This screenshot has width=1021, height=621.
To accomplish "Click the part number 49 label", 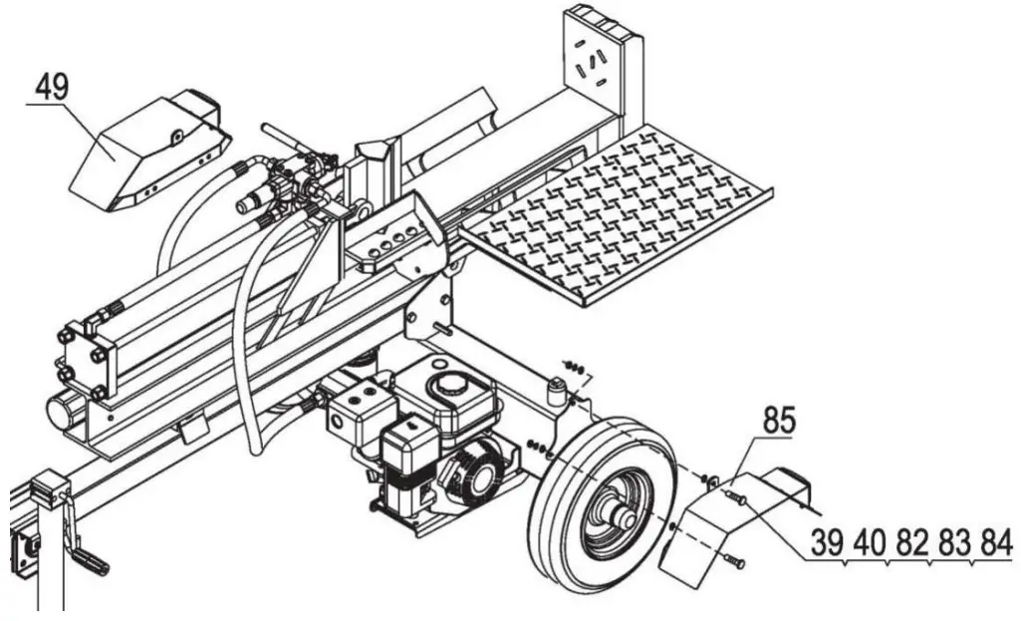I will click(x=51, y=87).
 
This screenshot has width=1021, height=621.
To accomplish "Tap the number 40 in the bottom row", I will click(x=868, y=543).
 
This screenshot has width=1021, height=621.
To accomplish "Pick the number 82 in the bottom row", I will click(x=909, y=543).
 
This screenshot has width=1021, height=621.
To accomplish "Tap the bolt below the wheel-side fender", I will click(x=736, y=564).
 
